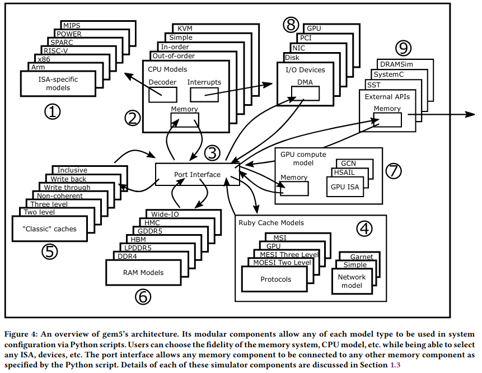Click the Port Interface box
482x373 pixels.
197,174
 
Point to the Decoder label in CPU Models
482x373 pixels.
162,82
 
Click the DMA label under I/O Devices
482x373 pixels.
305,82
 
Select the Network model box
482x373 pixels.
352,281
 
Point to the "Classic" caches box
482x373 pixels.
50,229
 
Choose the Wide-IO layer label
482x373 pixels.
163,213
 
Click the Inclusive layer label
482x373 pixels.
72,170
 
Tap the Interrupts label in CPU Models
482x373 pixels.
204,82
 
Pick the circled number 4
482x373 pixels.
364,229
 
